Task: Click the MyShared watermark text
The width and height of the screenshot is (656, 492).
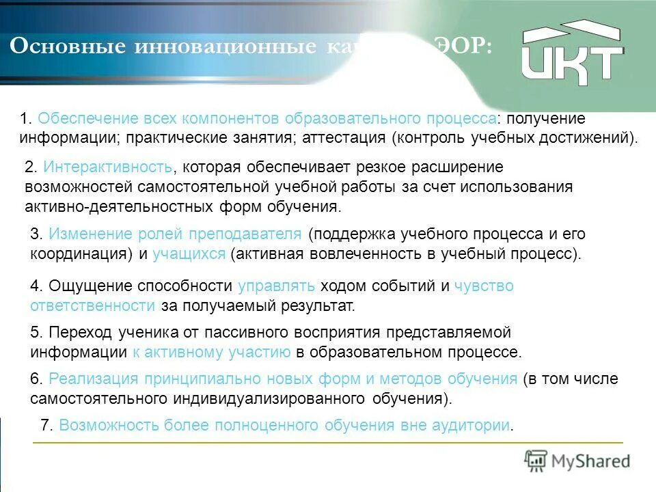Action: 590,461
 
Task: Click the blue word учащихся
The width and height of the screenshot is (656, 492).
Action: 189,254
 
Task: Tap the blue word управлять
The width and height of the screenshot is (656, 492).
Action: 276,286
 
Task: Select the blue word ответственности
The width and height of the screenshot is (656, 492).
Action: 92,305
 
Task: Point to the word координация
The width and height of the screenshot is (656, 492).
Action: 81,254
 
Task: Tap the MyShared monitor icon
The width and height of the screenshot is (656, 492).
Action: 536,461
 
